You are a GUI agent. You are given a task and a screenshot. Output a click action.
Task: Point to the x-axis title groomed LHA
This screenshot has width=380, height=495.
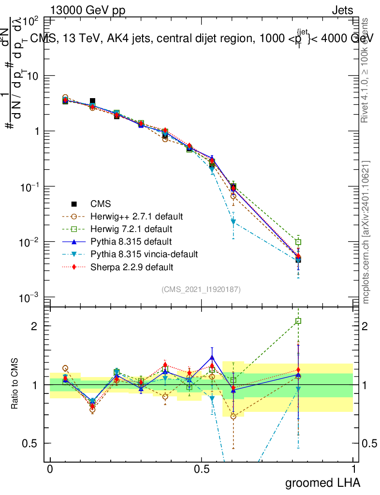tap(323, 482)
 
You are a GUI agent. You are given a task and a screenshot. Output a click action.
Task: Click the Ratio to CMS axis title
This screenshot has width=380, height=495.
tap(15, 384)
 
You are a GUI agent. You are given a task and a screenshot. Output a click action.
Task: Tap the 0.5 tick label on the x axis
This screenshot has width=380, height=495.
tap(202, 469)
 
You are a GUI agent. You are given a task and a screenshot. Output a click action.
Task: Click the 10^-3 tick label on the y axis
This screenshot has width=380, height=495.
tap(29, 298)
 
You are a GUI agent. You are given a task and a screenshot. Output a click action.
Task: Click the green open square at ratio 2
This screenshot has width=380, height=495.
tap(298, 321)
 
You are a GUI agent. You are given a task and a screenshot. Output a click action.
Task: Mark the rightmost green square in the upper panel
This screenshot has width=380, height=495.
tap(298, 242)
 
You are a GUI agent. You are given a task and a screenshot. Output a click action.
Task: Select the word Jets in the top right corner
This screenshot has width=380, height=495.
tap(342, 10)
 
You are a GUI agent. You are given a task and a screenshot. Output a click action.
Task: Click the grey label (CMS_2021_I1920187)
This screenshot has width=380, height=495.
tap(201, 289)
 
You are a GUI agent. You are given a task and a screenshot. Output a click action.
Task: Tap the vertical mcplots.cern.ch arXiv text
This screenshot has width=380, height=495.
tap(365, 232)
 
